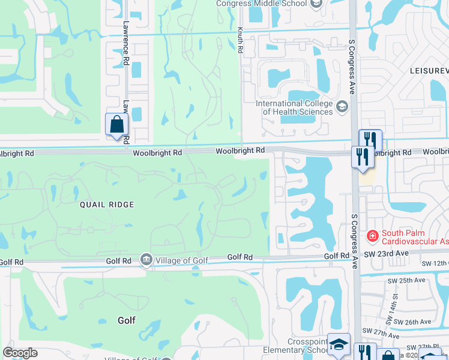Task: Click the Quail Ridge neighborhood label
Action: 107,205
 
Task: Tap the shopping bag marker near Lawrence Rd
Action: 117,125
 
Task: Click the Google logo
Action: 20,353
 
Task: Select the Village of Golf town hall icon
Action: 146,259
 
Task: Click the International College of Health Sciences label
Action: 294,107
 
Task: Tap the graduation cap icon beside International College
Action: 342,107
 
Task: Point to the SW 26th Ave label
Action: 417,322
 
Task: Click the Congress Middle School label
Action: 261,4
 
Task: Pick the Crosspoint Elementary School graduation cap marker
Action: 339,344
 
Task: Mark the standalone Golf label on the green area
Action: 126,320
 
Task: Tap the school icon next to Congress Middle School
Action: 317,4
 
